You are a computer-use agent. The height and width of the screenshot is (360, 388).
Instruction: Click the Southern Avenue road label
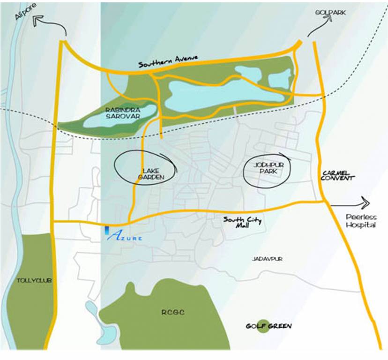pos(169,61)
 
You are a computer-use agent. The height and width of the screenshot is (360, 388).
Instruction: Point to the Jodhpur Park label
pos(266,168)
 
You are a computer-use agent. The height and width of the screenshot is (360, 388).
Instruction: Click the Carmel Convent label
pos(336,176)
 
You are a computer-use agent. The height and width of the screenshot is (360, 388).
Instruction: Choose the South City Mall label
pos(243,222)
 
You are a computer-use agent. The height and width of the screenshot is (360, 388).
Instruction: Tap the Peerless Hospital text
pos(361,221)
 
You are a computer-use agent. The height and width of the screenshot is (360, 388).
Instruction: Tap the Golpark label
pos(330,13)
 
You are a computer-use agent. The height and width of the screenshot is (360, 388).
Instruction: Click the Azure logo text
pos(123,236)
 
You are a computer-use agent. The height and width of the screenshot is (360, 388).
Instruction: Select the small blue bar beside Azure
pos(107,230)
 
